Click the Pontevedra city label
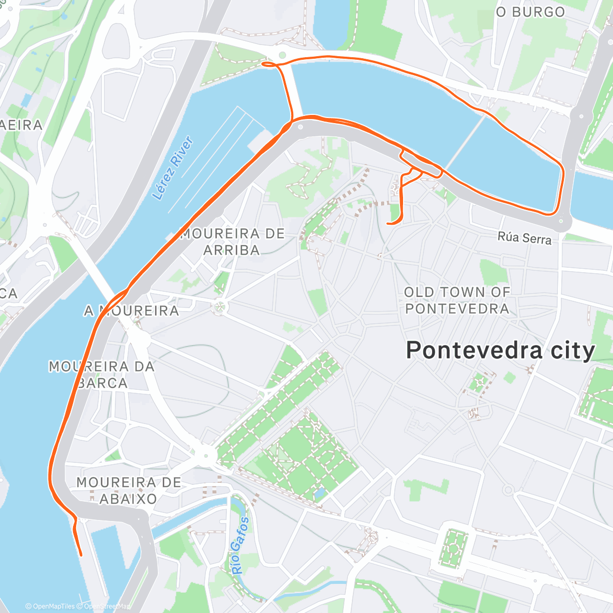coord(500,351)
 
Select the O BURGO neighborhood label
coord(530,12)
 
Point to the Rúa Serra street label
coord(525,238)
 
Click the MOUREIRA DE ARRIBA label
coord(232,242)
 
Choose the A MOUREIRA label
coord(132,311)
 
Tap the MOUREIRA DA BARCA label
coord(102,374)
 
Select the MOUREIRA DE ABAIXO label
coord(128,490)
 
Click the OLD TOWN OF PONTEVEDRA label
coord(457,300)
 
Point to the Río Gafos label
coord(240,546)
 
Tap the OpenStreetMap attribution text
coord(107,606)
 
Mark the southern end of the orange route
coord(81,554)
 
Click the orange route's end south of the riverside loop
coord(389,223)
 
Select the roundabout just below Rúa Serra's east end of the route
coord(561,221)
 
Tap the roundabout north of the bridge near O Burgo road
coord(281,55)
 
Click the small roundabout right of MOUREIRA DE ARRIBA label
coord(220,306)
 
